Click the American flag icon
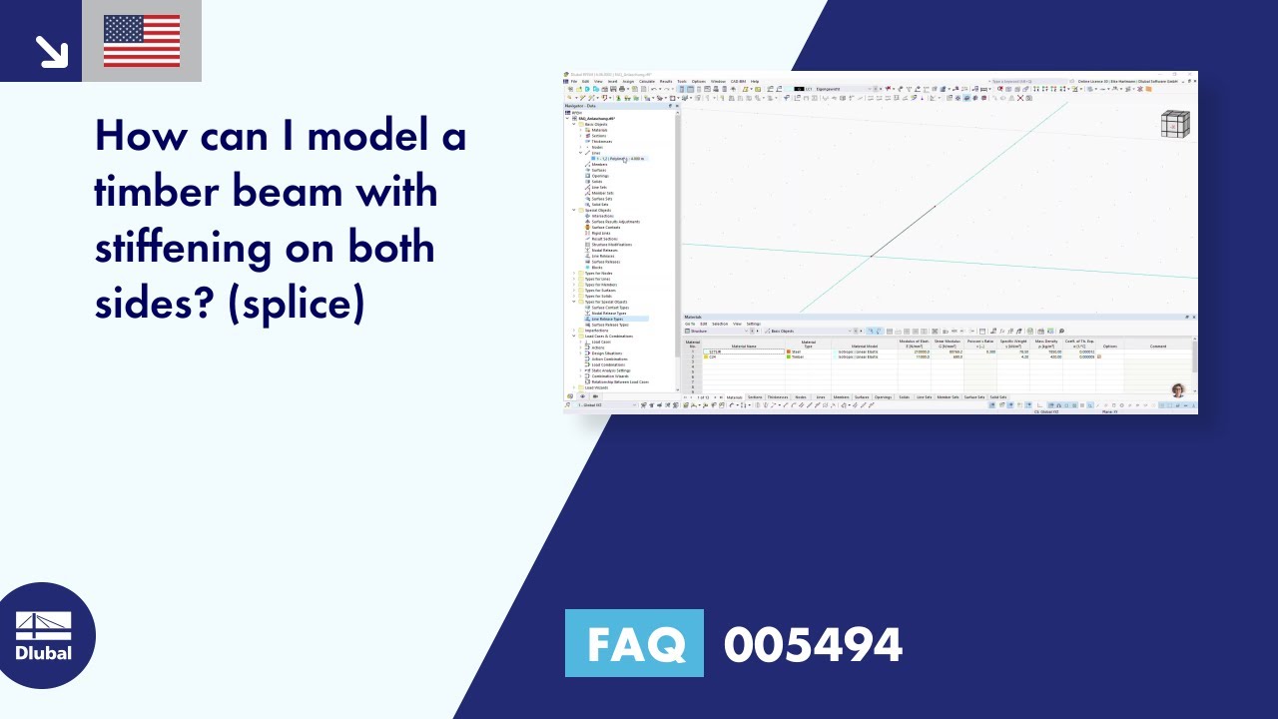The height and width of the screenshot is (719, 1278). (x=142, y=41)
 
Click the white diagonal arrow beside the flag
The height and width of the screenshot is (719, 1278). (x=49, y=49)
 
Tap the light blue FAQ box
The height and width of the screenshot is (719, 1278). (x=634, y=643)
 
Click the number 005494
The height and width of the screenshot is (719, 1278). (x=813, y=645)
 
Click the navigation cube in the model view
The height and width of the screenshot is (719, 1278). (x=1175, y=124)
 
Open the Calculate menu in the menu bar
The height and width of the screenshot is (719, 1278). (x=647, y=81)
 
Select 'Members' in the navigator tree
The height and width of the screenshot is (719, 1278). (x=598, y=165)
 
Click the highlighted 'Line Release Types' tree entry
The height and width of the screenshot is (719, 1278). (x=609, y=319)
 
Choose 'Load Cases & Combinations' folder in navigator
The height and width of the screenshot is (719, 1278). (x=608, y=337)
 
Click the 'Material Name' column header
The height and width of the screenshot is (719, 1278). (x=744, y=346)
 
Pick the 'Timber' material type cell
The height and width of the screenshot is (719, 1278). (x=797, y=357)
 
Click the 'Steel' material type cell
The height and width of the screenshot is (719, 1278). (x=796, y=352)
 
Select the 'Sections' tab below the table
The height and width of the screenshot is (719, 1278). (x=755, y=396)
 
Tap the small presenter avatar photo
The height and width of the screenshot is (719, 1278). (x=1178, y=389)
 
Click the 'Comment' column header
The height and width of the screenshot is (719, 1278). (x=1157, y=346)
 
